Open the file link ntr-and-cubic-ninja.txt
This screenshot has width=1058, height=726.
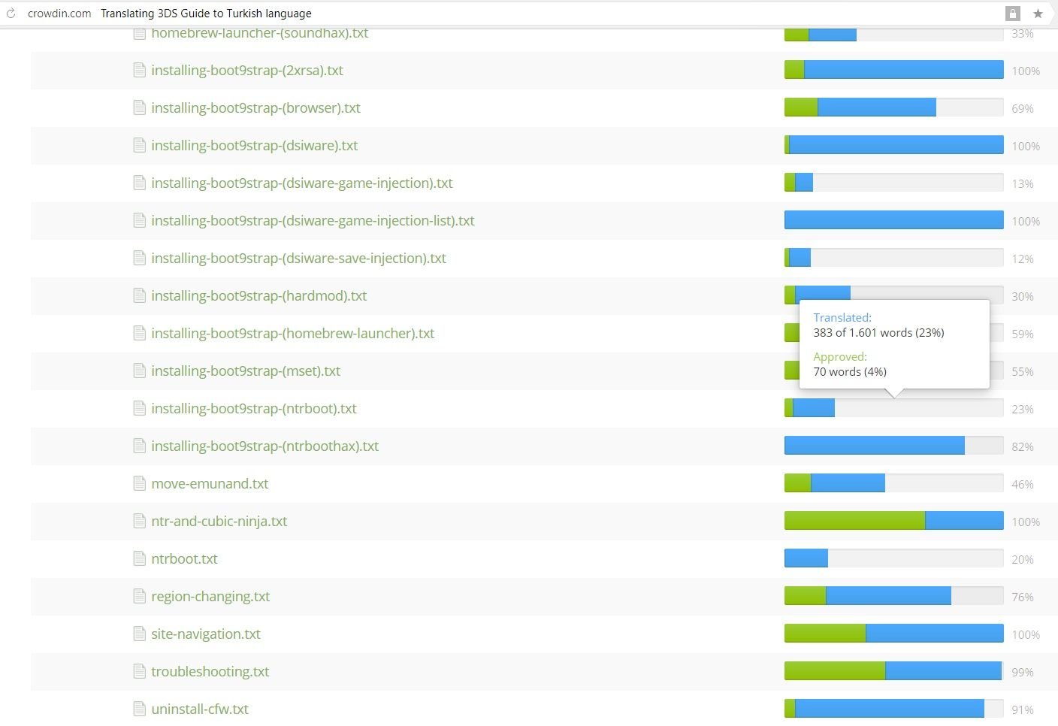(x=219, y=521)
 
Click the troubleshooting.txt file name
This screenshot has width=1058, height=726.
(x=210, y=671)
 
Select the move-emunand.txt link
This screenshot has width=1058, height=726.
(x=210, y=483)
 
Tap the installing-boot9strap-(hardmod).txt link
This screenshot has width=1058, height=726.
(x=258, y=295)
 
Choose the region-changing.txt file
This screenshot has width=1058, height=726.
(x=210, y=596)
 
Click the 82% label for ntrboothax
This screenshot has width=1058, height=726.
(x=1022, y=446)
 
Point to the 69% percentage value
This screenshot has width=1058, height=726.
(x=1022, y=108)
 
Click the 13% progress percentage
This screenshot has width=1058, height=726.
(x=1022, y=183)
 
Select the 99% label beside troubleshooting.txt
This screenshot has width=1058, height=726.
(x=1022, y=672)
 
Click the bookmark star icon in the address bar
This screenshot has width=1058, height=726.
(x=1038, y=14)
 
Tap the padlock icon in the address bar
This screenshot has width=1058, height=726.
(x=1013, y=14)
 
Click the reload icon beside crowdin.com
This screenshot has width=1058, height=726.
(x=11, y=14)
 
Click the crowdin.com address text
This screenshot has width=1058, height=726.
(x=59, y=14)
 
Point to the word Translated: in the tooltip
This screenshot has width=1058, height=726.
(x=842, y=318)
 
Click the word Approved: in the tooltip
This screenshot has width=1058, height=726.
(x=840, y=357)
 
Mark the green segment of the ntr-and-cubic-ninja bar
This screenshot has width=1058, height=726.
(x=854, y=520)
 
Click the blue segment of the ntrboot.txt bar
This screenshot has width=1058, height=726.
(x=806, y=558)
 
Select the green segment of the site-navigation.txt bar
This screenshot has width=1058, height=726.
(x=824, y=633)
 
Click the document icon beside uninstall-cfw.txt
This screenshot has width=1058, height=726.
(x=139, y=709)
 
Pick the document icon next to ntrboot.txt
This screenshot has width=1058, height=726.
(x=139, y=558)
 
